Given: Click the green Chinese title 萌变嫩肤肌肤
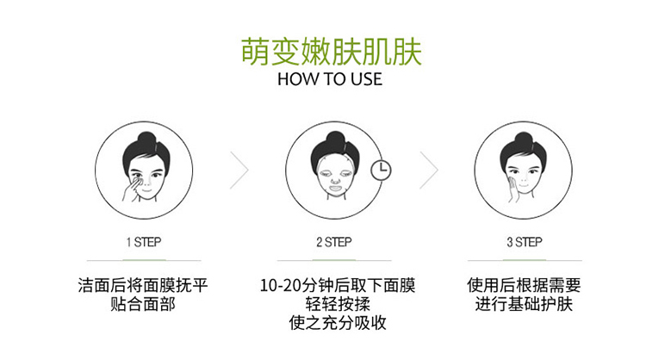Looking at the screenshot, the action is tap(332, 52).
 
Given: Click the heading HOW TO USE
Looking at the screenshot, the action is tap(330, 79).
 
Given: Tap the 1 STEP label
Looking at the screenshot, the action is tap(144, 242).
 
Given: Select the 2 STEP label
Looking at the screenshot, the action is tap(334, 242).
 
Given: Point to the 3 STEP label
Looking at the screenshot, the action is tap(525, 242).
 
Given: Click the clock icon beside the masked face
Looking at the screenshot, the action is tap(381, 171).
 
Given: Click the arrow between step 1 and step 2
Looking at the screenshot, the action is tap(239, 171).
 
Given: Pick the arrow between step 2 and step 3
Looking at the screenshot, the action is tap(429, 171).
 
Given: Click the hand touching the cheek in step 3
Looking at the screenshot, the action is tap(513, 189).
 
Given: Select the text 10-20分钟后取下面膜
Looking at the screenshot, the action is tap(338, 285).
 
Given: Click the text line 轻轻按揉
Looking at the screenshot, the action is tap(338, 304).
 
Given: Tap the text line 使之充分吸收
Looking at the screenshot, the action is tap(338, 322).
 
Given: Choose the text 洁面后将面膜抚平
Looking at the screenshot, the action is tap(143, 285).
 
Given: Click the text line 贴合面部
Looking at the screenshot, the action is tap(143, 304).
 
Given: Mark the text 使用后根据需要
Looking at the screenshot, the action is tap(524, 285).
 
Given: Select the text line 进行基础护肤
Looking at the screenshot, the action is tap(524, 304).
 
